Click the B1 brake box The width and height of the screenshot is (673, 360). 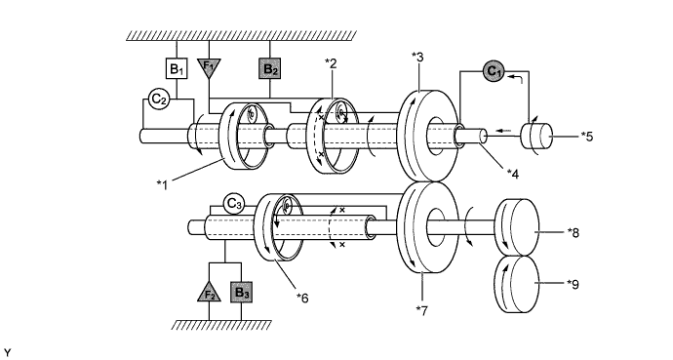pyautogui.click(x=177, y=68)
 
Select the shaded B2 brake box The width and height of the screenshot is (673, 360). pyautogui.click(x=269, y=68)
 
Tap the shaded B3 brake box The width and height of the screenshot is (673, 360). pyautogui.click(x=241, y=293)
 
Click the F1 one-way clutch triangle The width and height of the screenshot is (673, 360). pyautogui.click(x=209, y=67)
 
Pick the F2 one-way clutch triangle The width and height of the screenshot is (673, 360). pyautogui.click(x=210, y=293)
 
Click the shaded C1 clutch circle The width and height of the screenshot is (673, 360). pyautogui.click(x=494, y=71)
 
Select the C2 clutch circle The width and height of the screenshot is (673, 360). pyautogui.click(x=159, y=100)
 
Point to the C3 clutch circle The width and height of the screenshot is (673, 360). pyautogui.click(x=233, y=204)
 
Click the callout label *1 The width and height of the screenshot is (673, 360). pyautogui.click(x=162, y=185)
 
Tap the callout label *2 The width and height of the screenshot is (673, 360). pyautogui.click(x=331, y=63)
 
